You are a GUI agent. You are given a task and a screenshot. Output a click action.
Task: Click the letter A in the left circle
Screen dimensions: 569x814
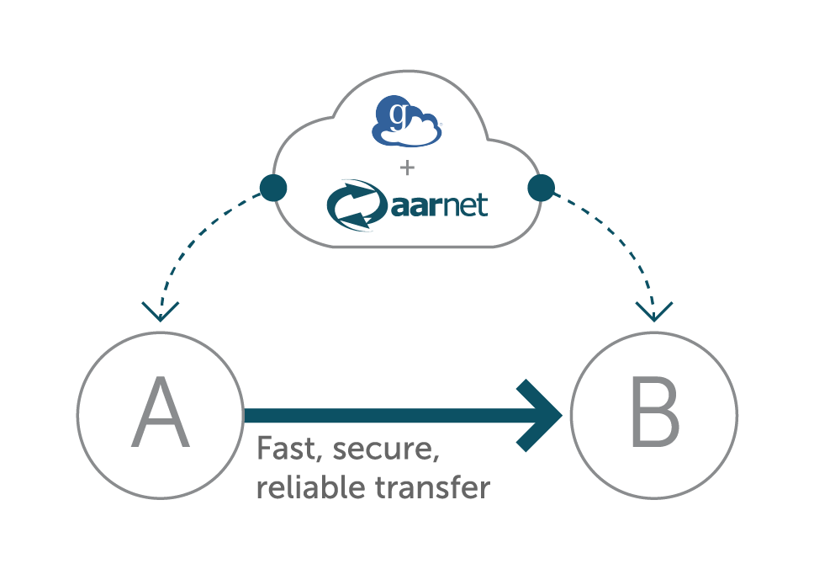(160, 413)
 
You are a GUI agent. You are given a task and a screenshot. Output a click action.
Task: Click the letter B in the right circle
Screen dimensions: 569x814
(655, 413)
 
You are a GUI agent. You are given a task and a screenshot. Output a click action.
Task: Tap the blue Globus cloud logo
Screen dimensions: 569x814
(407, 123)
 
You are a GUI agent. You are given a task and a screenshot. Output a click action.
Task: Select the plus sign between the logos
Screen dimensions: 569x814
(407, 168)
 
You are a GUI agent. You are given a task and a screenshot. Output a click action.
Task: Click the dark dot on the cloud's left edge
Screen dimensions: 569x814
(273, 188)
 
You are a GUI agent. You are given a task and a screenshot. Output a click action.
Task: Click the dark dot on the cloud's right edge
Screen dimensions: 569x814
(541, 187)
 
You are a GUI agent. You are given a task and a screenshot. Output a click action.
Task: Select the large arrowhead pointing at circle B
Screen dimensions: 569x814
(538, 415)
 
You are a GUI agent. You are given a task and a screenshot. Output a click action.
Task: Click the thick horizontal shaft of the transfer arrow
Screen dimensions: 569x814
(378, 415)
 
